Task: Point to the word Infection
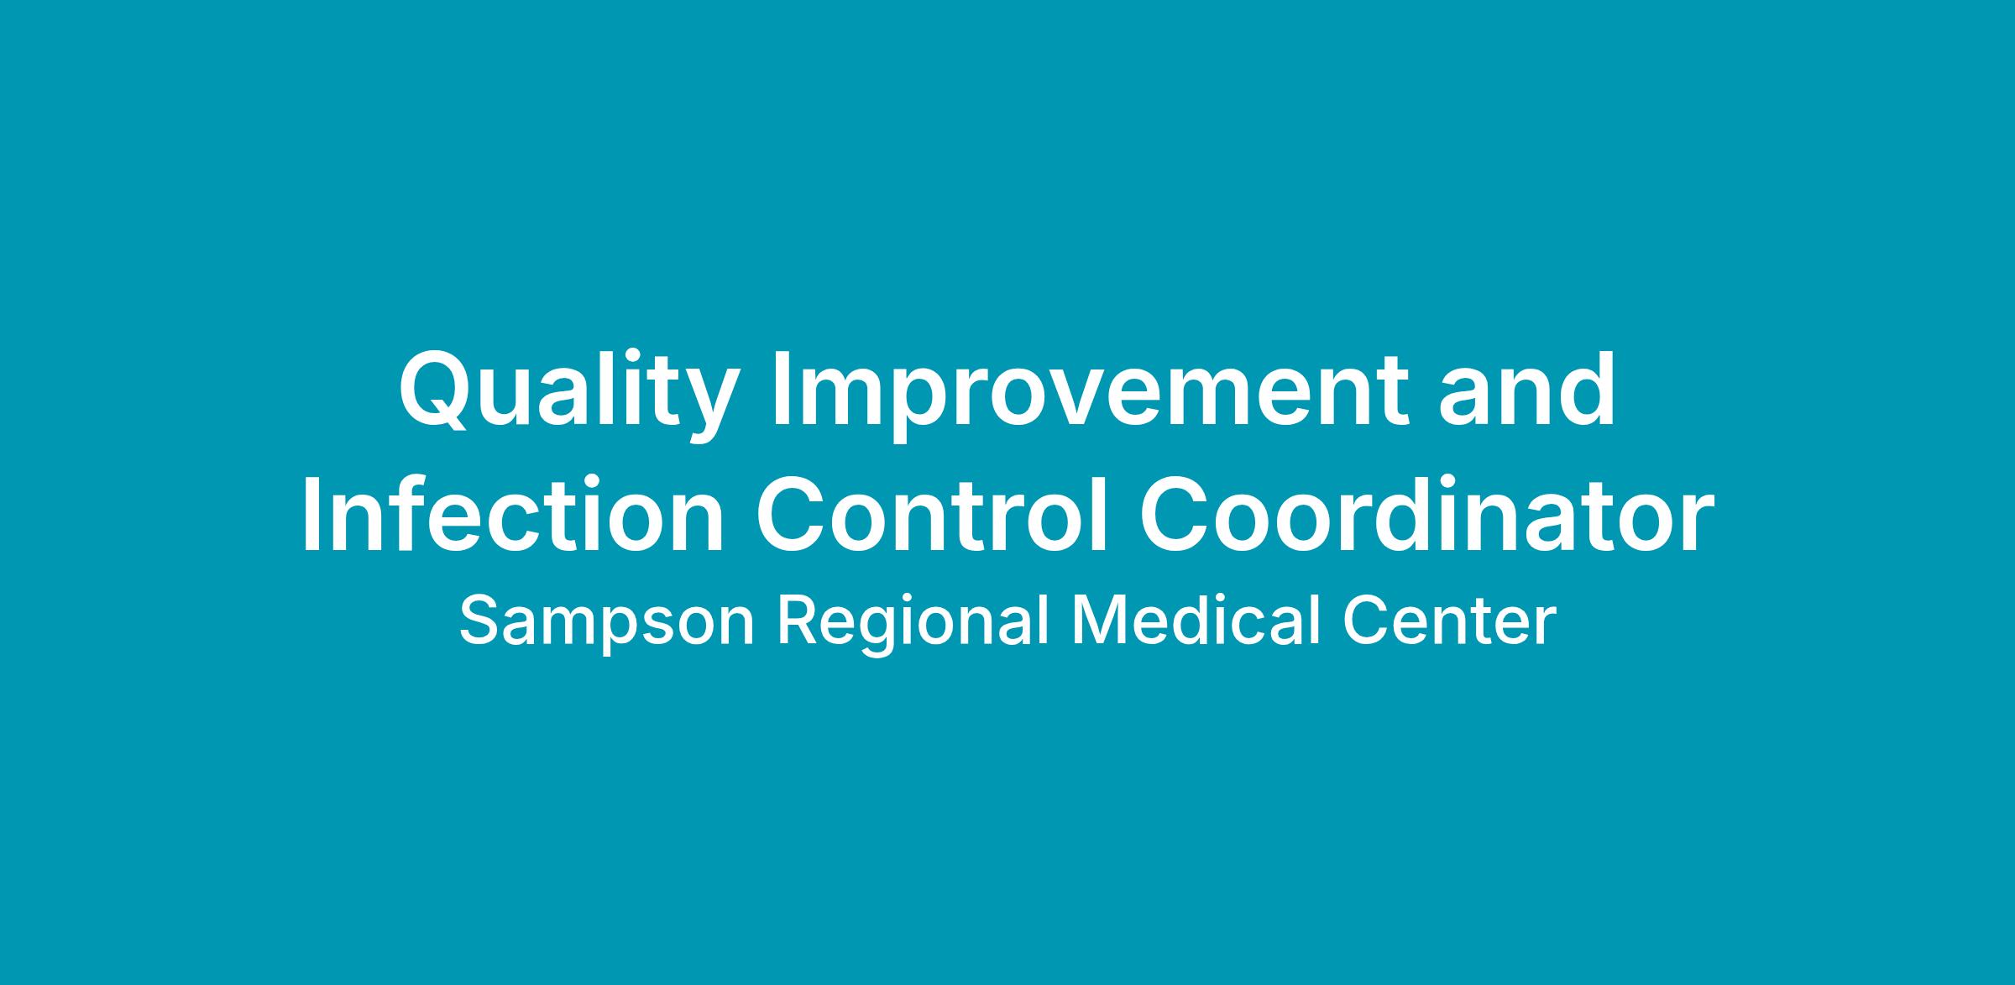tap(512, 513)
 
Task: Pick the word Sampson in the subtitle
tap(606, 624)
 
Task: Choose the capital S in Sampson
tap(480, 621)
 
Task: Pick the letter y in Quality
tap(712, 408)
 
